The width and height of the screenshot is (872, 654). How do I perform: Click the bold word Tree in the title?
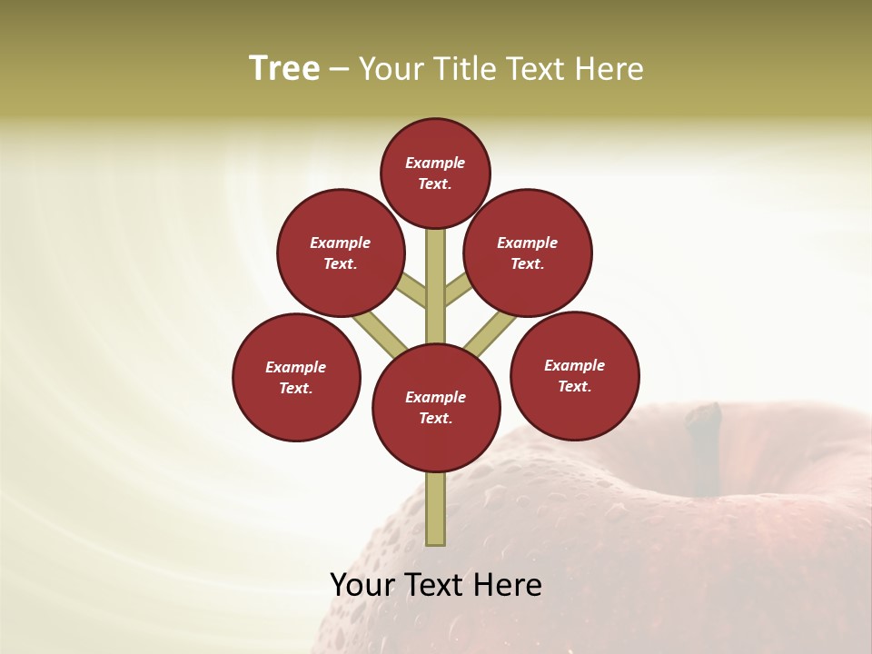click(284, 68)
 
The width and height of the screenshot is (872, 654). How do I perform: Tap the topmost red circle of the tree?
click(435, 173)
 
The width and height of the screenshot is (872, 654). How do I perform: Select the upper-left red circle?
click(340, 253)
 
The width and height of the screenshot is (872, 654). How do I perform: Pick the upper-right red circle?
click(528, 253)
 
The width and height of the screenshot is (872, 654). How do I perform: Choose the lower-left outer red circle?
click(296, 377)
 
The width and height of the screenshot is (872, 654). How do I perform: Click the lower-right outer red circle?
click(574, 375)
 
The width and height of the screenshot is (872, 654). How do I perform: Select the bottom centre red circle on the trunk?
click(436, 407)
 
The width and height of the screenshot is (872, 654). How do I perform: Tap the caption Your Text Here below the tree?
click(436, 584)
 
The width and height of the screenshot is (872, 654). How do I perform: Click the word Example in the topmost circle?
click(435, 163)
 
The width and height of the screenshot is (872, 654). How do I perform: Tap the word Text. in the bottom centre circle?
click(435, 418)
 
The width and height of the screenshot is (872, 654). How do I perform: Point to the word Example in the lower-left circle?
click(296, 367)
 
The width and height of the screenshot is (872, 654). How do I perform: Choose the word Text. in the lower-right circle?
click(574, 386)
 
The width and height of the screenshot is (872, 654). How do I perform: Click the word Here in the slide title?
click(611, 68)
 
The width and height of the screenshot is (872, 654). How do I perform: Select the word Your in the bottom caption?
click(360, 584)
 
